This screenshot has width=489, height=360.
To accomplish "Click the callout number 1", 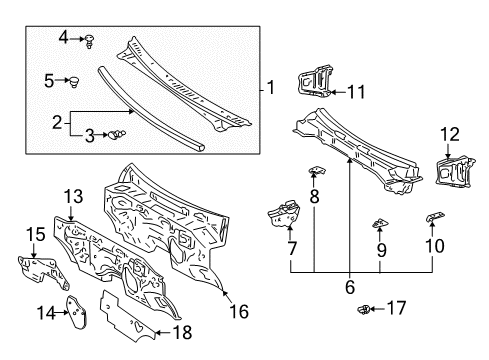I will click(269, 89).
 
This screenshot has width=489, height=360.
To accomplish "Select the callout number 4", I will click(61, 38).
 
